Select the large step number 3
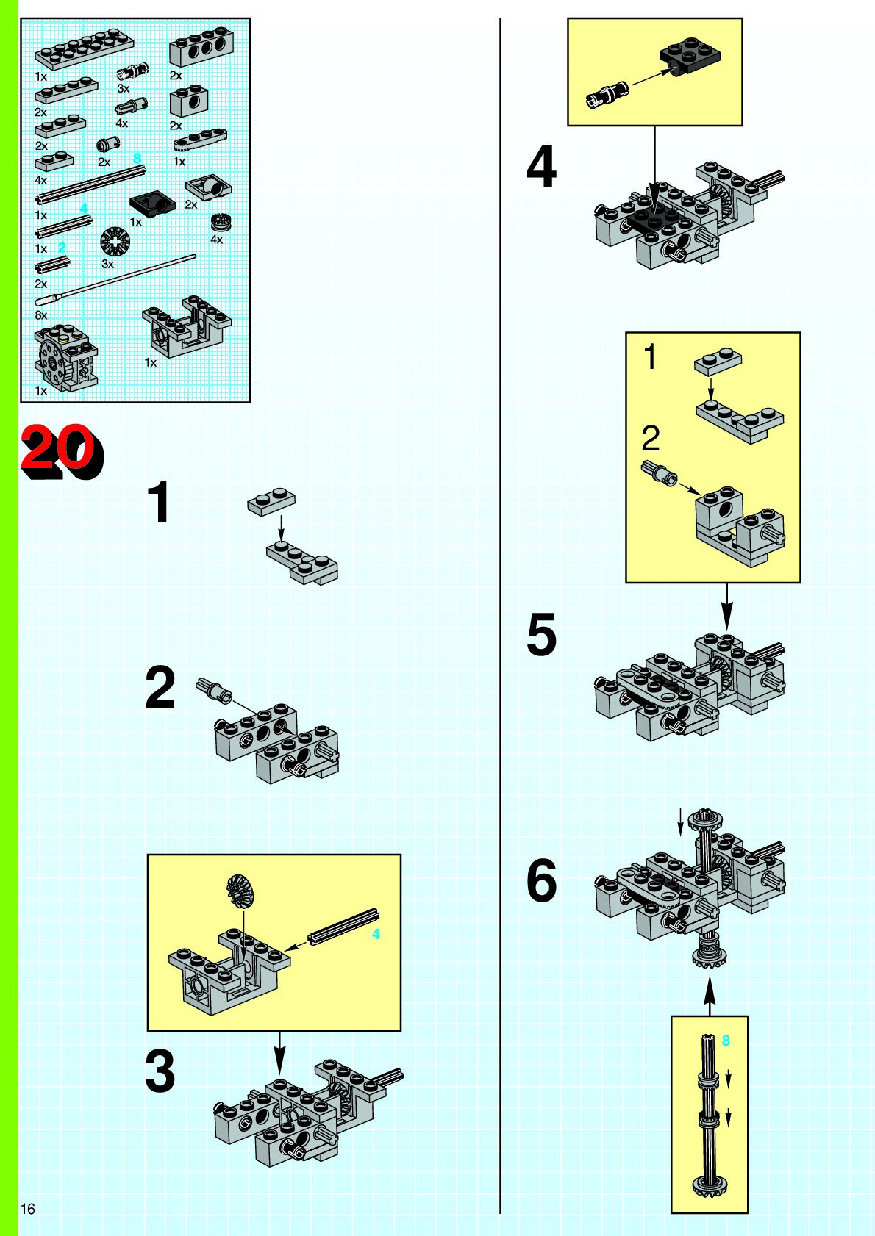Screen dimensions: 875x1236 point(160,1071)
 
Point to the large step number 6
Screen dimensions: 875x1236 point(542,880)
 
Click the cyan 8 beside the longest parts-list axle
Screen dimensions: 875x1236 point(137,159)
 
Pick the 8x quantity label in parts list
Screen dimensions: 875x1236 point(41,315)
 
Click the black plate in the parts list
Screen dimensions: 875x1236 point(151,203)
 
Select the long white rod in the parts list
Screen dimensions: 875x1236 point(115,279)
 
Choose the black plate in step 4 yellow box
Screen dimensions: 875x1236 point(690,57)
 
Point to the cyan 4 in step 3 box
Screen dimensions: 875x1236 point(376,934)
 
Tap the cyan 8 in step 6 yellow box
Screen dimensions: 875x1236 point(726,1040)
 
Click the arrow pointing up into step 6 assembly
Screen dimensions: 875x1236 point(710,996)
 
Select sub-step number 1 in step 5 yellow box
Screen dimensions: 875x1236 point(651,356)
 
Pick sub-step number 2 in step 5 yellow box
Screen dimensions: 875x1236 point(651,439)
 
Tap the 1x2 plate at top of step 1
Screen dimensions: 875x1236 point(271,502)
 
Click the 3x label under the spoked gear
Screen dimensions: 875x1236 point(107,265)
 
